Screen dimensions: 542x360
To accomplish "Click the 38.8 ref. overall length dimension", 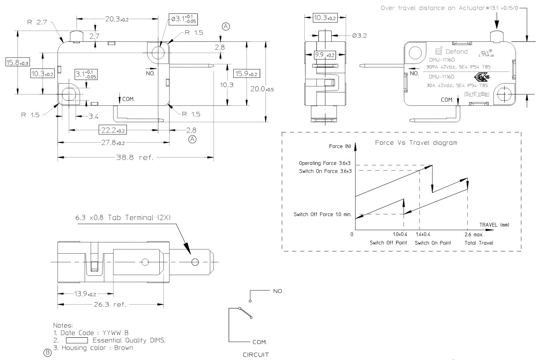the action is pyautogui.click(x=135, y=157).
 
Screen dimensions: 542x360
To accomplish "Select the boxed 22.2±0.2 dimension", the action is pyautogui.click(x=113, y=130).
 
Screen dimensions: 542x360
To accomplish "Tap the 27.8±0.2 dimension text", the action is pyautogui.click(x=113, y=143).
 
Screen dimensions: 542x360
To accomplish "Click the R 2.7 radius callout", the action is pyautogui.click(x=37, y=22).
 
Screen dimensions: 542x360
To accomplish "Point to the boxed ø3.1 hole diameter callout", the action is pyautogui.click(x=183, y=20).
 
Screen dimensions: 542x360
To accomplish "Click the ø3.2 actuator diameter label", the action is pyautogui.click(x=359, y=36).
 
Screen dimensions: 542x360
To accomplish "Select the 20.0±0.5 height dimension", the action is pyautogui.click(x=262, y=89).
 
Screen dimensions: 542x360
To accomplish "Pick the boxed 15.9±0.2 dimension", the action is pyautogui.click(x=246, y=74).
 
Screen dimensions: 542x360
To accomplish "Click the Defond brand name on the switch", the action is pyautogui.click(x=457, y=51).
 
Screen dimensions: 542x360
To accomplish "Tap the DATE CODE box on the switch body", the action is pyautogui.click(x=477, y=95).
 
